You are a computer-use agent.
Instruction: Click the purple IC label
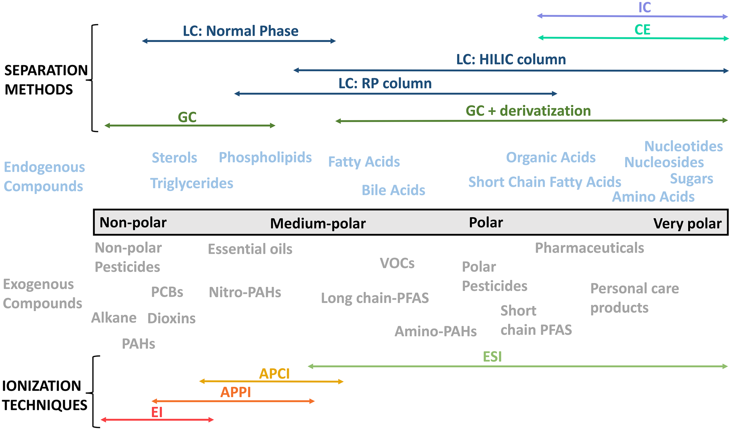pyautogui.click(x=644, y=7)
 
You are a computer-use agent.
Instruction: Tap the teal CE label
pyautogui.click(x=643, y=30)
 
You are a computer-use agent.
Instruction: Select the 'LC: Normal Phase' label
pyautogui.click(x=241, y=31)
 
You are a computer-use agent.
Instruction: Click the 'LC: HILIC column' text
pyautogui.click(x=511, y=60)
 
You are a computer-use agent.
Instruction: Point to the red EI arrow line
pyautogui.click(x=157, y=420)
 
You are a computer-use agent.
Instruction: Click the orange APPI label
pyautogui.click(x=236, y=392)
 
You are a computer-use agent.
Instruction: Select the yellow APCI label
pyautogui.click(x=274, y=374)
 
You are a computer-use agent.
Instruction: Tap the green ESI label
pyautogui.click(x=492, y=357)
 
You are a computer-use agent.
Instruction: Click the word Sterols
pyautogui.click(x=174, y=158)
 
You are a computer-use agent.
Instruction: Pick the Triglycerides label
pyautogui.click(x=191, y=183)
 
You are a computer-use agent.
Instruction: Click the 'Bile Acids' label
pyautogui.click(x=393, y=190)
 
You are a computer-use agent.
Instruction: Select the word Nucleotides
pyautogui.click(x=684, y=146)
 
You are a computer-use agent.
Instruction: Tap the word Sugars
pyautogui.click(x=691, y=179)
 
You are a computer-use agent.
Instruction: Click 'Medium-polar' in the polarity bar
pyautogui.click(x=318, y=224)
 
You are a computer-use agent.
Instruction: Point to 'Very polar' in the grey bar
pyautogui.click(x=687, y=224)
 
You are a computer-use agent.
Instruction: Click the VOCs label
pyautogui.click(x=397, y=263)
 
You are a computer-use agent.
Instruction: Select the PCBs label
pyautogui.click(x=167, y=292)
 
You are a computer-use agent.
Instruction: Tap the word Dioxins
pyautogui.click(x=172, y=318)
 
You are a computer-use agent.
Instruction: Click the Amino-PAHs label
pyautogui.click(x=435, y=332)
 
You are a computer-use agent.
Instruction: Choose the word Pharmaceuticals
pyautogui.click(x=589, y=248)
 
